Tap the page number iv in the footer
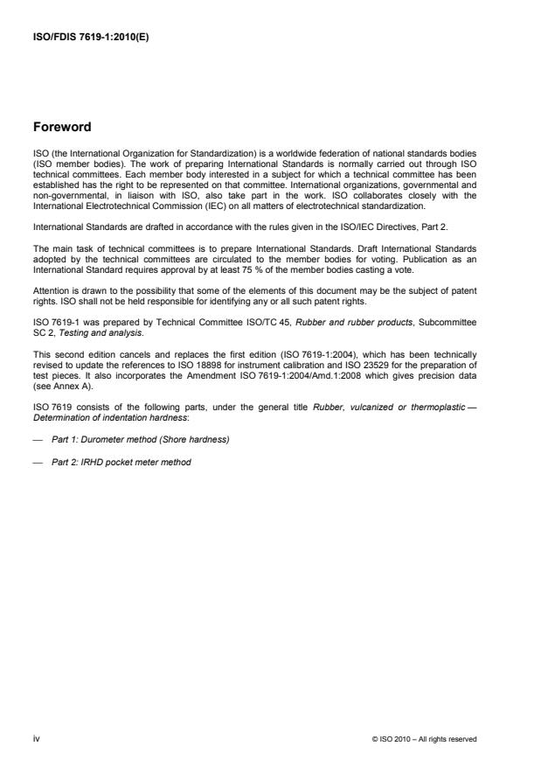(36, 738)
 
